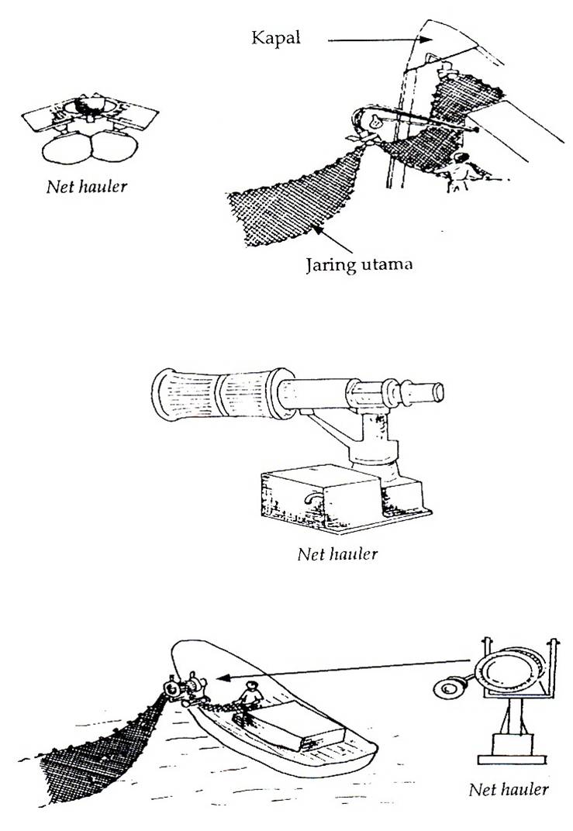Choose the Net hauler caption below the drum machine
338,553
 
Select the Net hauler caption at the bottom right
509,789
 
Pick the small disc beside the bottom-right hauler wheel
447,687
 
